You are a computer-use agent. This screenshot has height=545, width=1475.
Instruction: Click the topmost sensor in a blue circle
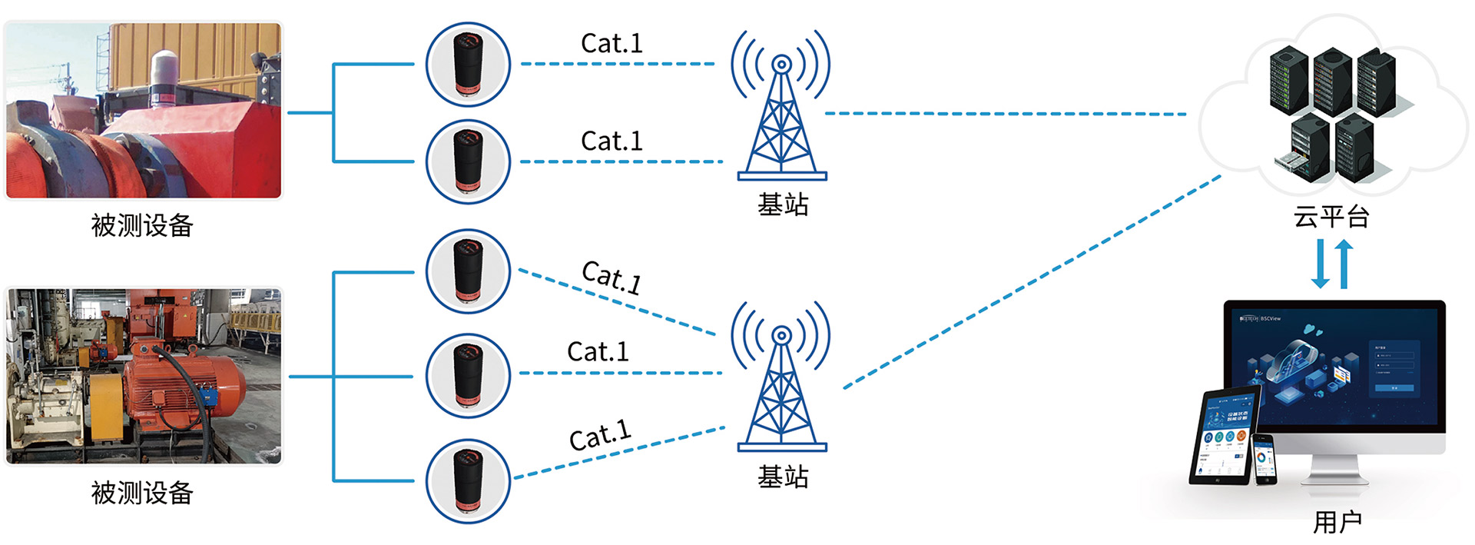[468, 65]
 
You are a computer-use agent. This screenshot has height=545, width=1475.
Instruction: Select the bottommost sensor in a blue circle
[468, 481]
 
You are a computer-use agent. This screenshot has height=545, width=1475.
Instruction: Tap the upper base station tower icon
[781, 108]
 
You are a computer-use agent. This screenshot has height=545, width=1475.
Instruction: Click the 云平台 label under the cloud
[1331, 217]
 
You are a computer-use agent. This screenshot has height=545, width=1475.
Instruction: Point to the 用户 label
[1337, 522]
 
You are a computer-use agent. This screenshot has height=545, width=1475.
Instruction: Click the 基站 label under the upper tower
[783, 204]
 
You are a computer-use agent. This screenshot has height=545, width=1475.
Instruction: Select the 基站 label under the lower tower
[783, 477]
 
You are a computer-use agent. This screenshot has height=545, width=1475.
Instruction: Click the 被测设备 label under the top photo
[142, 225]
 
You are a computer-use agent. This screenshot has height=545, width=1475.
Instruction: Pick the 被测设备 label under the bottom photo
[142, 493]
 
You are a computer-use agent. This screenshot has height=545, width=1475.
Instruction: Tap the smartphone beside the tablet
[1264, 460]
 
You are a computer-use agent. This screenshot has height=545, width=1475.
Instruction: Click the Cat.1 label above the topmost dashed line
[612, 43]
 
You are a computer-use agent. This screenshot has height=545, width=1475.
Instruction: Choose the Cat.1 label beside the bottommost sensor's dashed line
[600, 436]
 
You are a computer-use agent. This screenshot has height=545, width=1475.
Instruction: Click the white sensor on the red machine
[164, 75]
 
